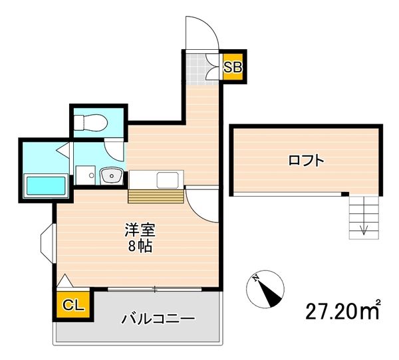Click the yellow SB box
(x=232, y=67)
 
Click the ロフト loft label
(x=306, y=160)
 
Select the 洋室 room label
(x=140, y=230)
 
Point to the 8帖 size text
(x=140, y=247)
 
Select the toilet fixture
(x=89, y=122)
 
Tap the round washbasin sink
(x=110, y=176)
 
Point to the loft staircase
(x=363, y=217)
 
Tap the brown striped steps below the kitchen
(x=156, y=197)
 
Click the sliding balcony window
(x=154, y=289)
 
